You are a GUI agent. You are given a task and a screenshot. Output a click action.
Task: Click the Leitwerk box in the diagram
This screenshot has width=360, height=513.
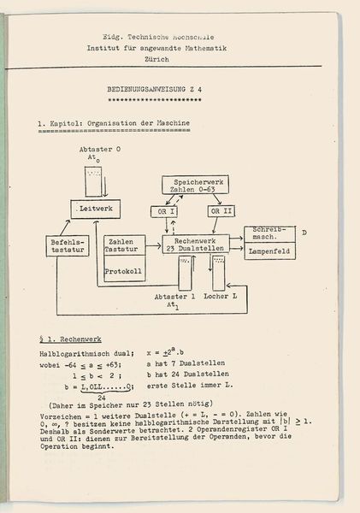(x=95, y=209)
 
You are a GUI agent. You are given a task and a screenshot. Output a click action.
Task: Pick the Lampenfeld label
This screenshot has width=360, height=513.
(x=269, y=253)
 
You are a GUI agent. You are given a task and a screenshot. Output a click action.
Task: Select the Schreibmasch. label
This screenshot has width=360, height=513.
(x=269, y=235)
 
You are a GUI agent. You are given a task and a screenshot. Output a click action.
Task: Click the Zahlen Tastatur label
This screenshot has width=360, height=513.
(x=122, y=246)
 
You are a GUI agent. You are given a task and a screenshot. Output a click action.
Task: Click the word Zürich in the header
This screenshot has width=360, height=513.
(x=180, y=60)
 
